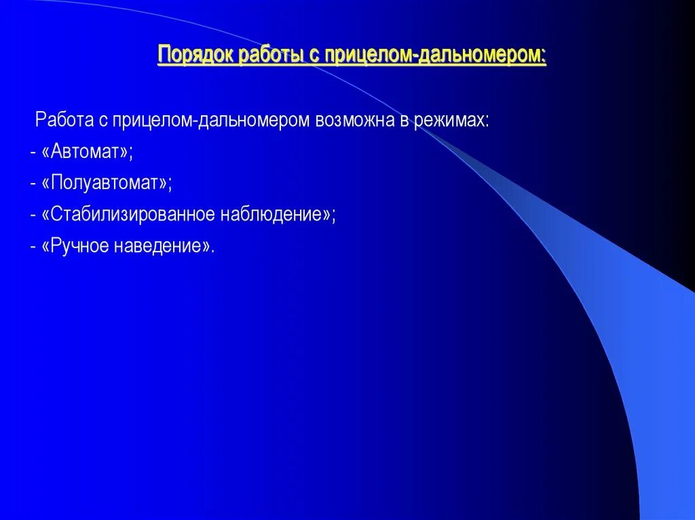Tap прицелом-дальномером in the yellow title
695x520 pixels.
pyautogui.click(x=435, y=55)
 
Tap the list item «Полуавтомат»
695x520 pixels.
pyautogui.click(x=107, y=183)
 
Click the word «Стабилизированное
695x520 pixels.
pyautogui.click(x=128, y=215)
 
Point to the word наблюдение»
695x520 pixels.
pyautogui.click(x=278, y=215)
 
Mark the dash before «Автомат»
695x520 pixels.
pyautogui.click(x=33, y=153)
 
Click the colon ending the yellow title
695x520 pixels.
pyautogui.click(x=544, y=56)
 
